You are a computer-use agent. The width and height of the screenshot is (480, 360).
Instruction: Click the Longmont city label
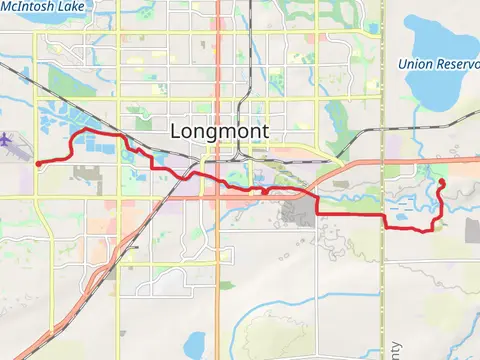pyautogui.click(x=220, y=130)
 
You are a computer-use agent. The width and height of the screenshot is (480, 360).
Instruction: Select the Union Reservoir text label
pyautogui.click(x=439, y=64)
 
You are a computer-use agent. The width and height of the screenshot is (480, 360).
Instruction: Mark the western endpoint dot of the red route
pyautogui.click(x=37, y=163)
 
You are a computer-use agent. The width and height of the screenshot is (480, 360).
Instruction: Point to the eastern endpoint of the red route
pyautogui.click(x=441, y=181)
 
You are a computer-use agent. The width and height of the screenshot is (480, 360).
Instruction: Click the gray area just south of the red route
pyautogui.click(x=297, y=211)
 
